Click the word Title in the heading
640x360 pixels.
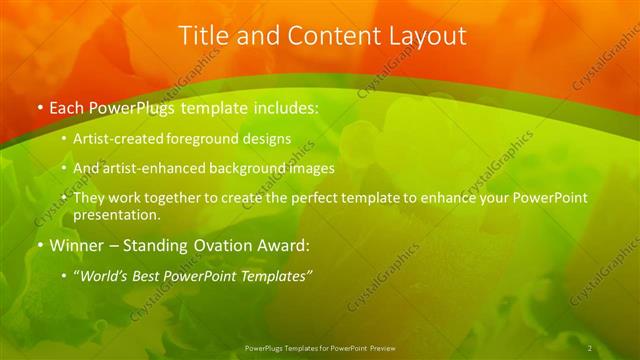coord(201,35)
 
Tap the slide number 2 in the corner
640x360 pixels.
coord(590,348)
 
